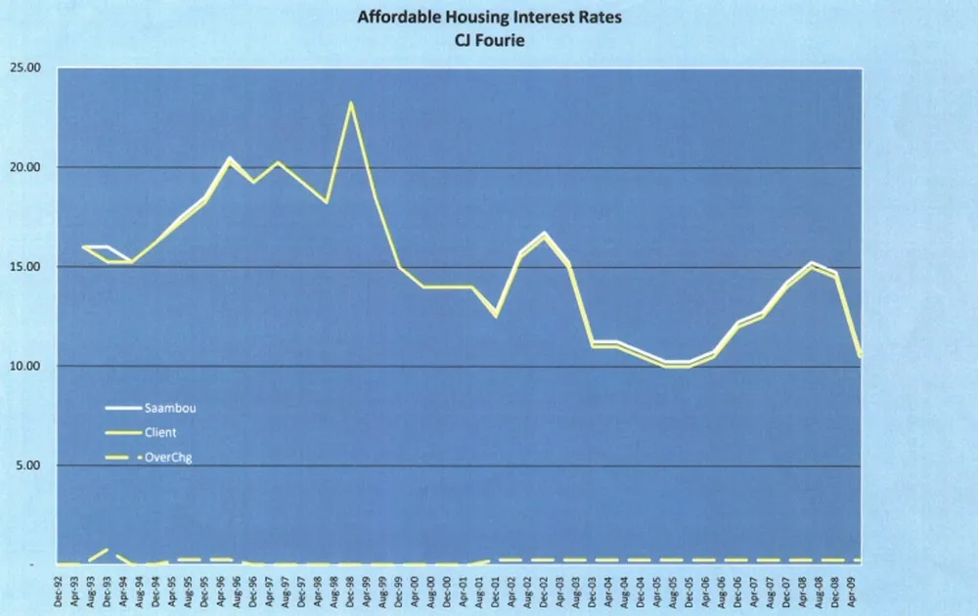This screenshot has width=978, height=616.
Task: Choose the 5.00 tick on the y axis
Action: [x=29, y=465]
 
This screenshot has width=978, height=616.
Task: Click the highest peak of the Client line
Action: [x=350, y=103]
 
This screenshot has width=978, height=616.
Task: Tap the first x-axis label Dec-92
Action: [x=61, y=591]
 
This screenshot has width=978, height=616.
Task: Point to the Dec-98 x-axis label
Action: [x=350, y=591]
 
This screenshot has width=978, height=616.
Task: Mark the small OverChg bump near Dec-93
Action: [x=105, y=550]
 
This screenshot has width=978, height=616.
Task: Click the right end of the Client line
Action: [x=860, y=357]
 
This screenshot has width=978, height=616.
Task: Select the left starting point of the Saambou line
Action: [x=83, y=246]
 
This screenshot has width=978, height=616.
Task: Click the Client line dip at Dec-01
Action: [x=497, y=316]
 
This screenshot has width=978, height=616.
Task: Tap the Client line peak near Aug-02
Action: [x=544, y=236]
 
